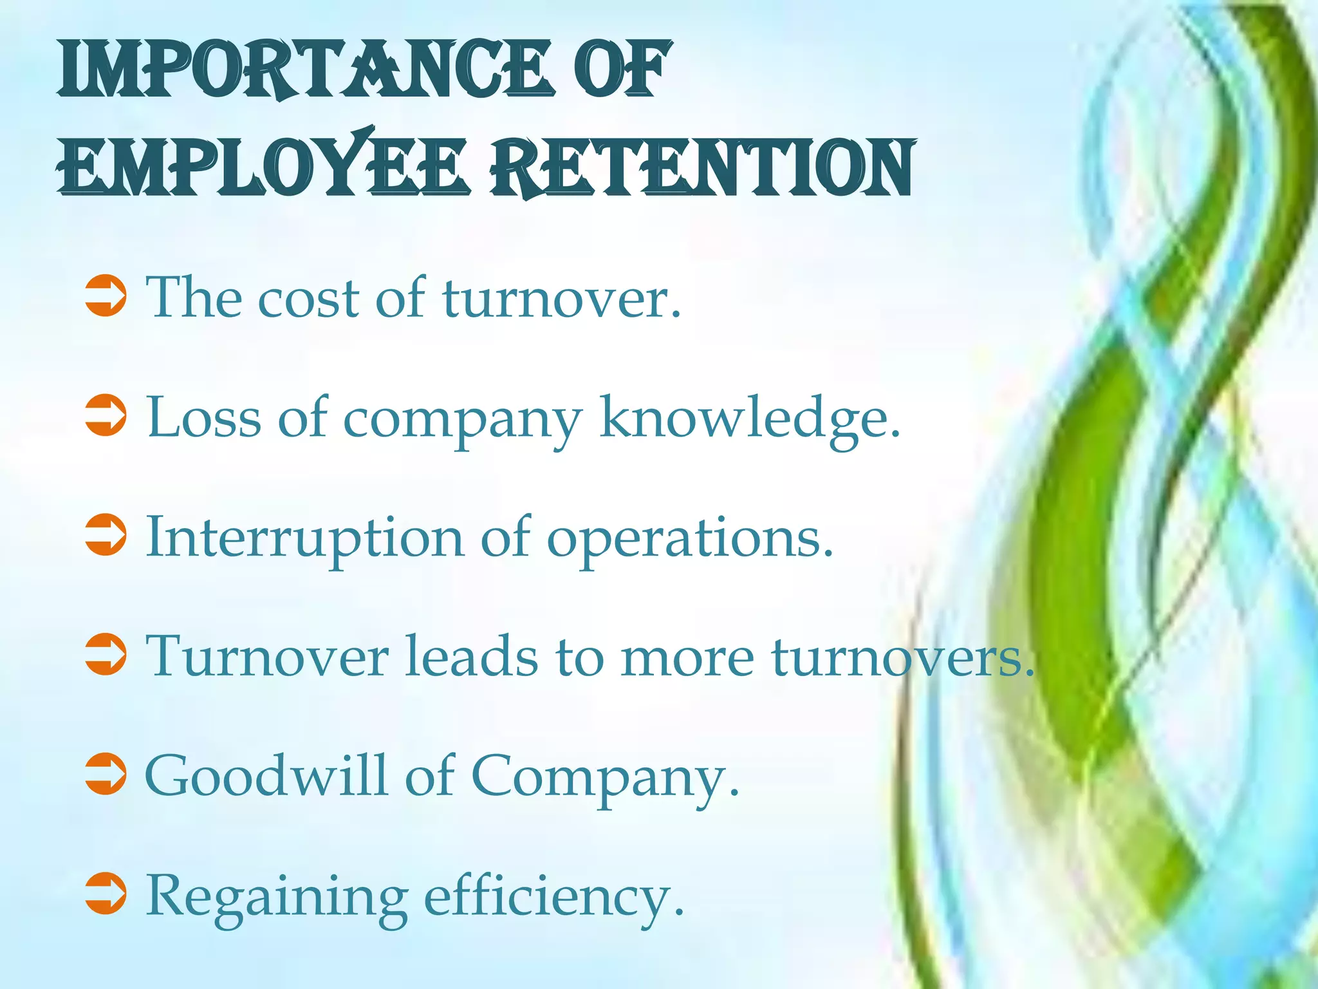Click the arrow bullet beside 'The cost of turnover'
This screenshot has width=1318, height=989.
106,297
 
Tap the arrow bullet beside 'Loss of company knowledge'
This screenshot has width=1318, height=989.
106,416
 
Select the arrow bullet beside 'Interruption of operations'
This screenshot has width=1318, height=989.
106,535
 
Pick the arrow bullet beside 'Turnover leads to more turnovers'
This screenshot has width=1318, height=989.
106,655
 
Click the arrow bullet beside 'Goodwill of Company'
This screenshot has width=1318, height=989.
106,774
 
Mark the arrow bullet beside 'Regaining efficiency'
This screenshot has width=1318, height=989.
106,894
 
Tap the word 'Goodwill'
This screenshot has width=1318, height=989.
266,776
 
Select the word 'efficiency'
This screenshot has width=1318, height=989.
553,896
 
